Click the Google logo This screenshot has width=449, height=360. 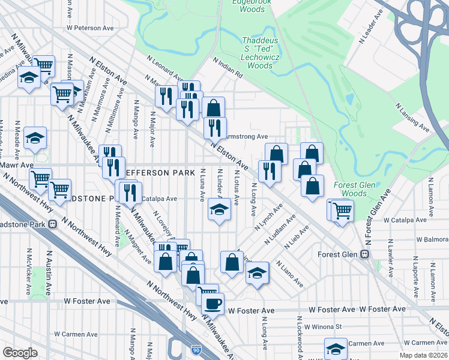[x=20, y=353]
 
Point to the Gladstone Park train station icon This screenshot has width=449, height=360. [x=53, y=224]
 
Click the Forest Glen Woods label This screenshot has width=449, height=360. [x=354, y=190]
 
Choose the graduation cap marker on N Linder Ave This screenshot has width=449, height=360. [x=219, y=210]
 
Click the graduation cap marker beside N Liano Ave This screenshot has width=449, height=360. [x=257, y=273]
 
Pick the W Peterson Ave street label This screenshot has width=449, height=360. [x=90, y=28]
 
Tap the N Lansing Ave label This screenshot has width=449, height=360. [x=412, y=118]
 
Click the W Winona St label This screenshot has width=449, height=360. [x=322, y=327]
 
